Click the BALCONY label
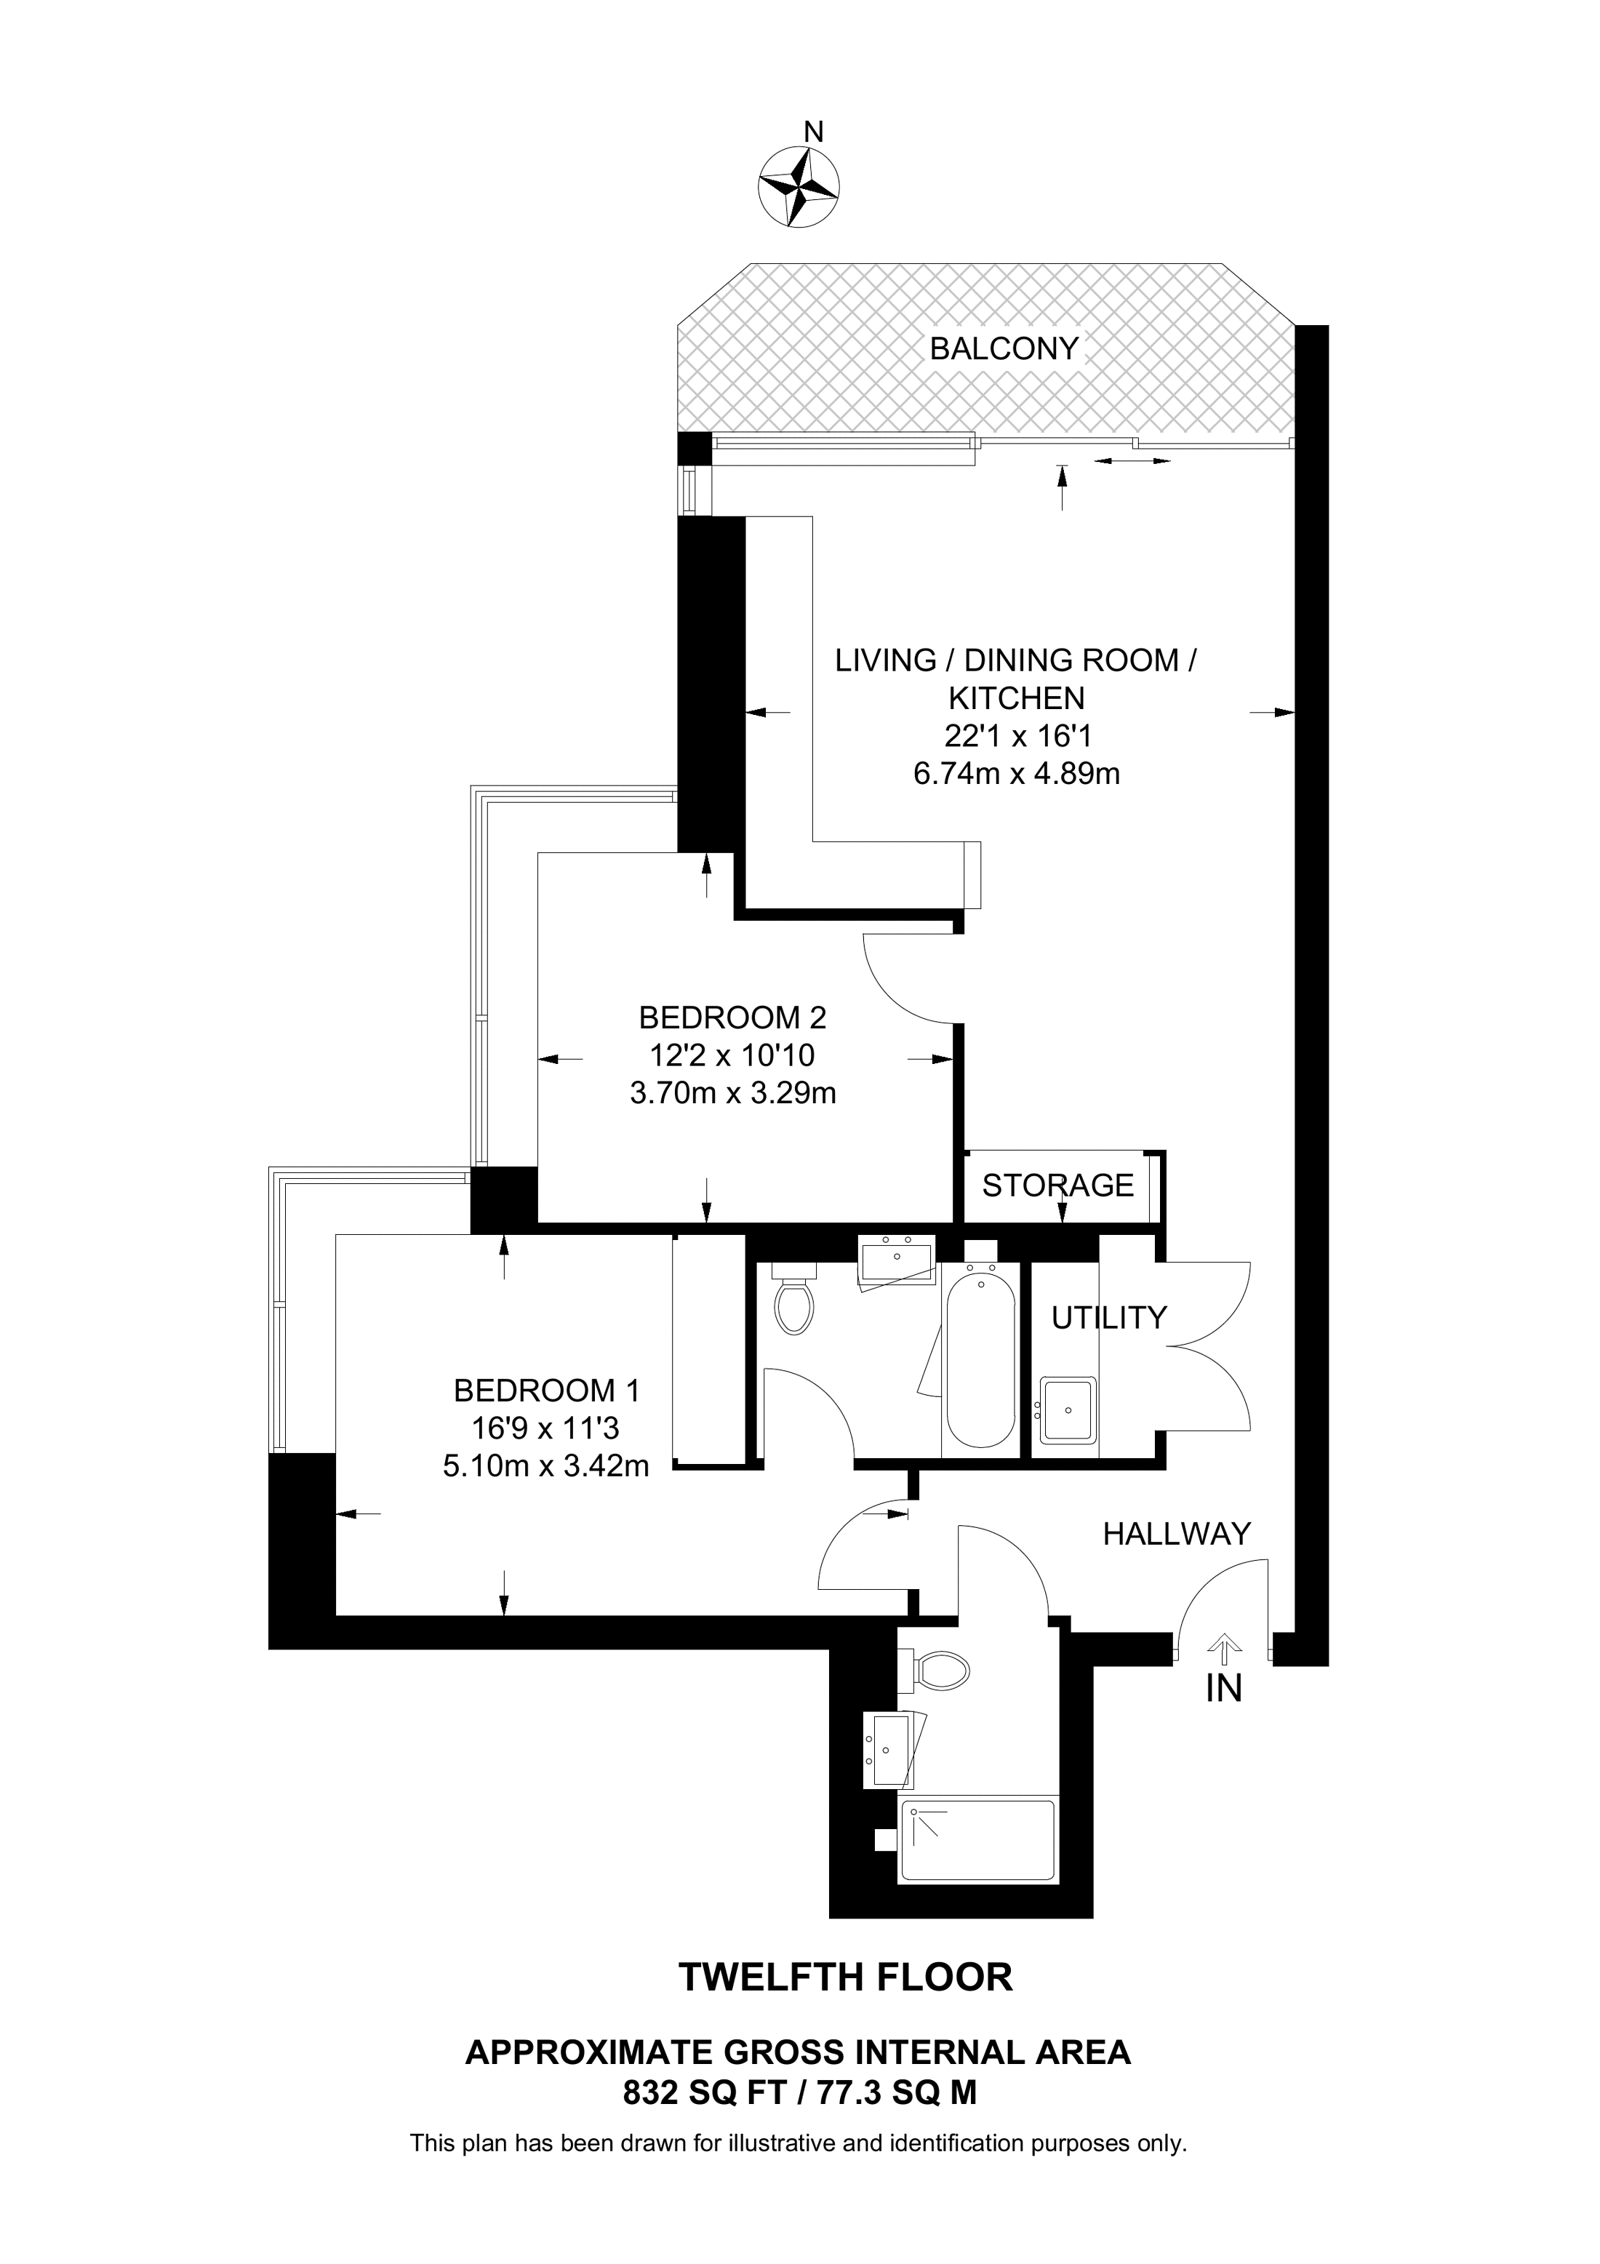(x=1004, y=349)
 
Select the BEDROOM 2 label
(x=732, y=1017)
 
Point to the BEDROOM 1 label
(x=547, y=1391)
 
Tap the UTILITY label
(x=1109, y=1317)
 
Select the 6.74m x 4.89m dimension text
(x=1017, y=774)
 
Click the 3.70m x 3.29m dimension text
(x=732, y=1092)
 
